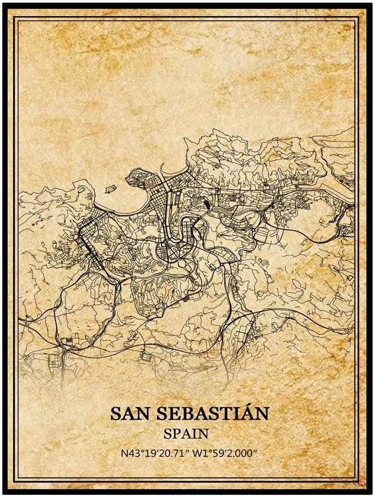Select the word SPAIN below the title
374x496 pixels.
(x=186, y=434)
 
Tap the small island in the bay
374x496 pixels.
(x=110, y=187)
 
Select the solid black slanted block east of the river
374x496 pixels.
(x=208, y=205)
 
